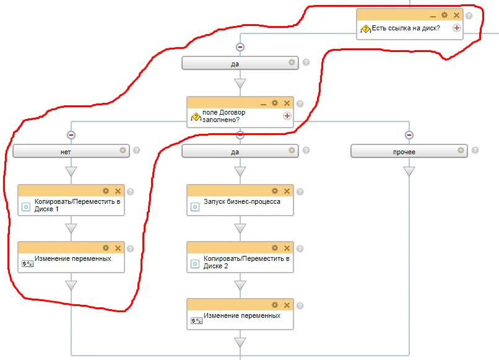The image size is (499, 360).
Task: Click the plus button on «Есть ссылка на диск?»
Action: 457,28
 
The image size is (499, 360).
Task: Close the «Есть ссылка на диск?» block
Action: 456,15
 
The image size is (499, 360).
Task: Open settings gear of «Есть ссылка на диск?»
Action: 445,15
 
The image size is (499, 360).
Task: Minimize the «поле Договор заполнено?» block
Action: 263,103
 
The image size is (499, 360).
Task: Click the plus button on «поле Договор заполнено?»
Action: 287,116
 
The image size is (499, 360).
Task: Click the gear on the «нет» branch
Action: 123,150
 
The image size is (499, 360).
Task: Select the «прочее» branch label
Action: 404,152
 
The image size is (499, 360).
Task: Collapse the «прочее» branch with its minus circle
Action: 409,135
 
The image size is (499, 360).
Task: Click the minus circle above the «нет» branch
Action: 71,135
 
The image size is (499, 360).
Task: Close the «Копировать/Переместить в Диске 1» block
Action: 118,191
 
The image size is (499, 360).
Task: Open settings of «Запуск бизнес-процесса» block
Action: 275,191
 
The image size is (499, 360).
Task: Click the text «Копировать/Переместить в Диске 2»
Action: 246,262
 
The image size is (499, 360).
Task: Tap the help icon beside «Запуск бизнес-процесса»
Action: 300,191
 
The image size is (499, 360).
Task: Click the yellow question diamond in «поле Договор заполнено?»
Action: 196,117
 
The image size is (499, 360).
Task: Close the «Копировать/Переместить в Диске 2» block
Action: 287,248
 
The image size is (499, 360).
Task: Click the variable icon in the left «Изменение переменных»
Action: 27,263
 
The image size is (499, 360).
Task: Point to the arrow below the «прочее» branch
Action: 409,172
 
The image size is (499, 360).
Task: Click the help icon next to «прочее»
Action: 475,151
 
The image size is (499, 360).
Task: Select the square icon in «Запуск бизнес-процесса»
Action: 195,207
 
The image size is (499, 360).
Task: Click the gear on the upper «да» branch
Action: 292,62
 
